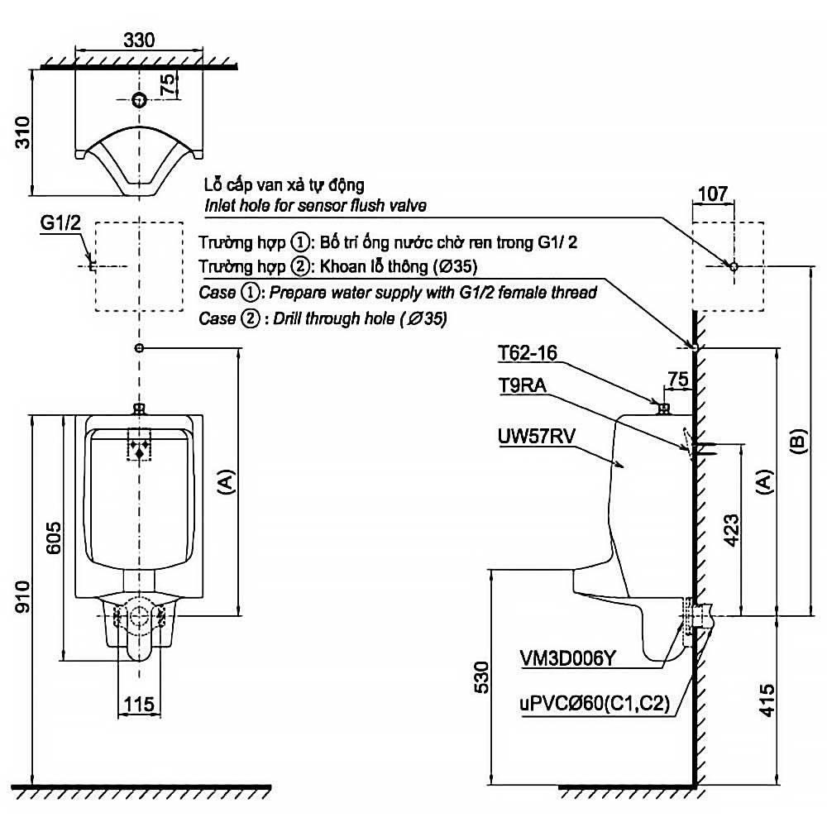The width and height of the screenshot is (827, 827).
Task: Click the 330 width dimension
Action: coord(139,39)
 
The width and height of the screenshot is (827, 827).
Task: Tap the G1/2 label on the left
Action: coord(62,224)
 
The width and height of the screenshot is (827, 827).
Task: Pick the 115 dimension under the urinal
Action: coord(138,705)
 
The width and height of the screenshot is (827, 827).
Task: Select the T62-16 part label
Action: coord(528,353)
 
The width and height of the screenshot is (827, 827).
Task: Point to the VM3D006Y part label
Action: coord(567,658)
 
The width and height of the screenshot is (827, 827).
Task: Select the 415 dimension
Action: coord(765,700)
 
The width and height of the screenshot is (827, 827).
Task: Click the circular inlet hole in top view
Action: coord(139,100)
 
